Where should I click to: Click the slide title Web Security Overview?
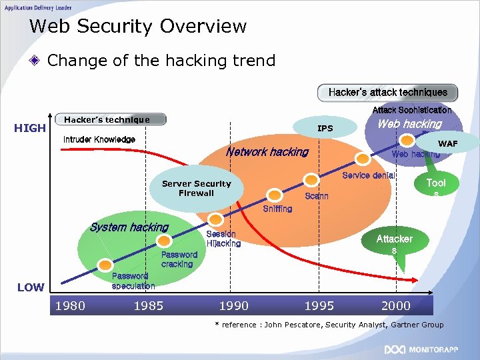point(138,27)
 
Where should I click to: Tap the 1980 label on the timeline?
point(69,306)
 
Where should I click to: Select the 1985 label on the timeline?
point(149,306)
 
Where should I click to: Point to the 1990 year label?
point(233,306)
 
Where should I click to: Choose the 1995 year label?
point(319,306)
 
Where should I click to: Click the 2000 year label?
point(395,306)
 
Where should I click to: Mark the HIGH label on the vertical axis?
point(30,128)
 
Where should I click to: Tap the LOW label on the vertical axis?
point(31,287)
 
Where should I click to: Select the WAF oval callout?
point(447,143)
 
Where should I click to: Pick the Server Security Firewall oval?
point(196,188)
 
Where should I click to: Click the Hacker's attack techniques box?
point(387,92)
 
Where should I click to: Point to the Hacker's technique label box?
point(111,120)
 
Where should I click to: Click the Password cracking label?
point(179,259)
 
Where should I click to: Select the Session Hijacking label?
point(223,239)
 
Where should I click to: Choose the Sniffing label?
point(277,209)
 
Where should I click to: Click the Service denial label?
point(368,175)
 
